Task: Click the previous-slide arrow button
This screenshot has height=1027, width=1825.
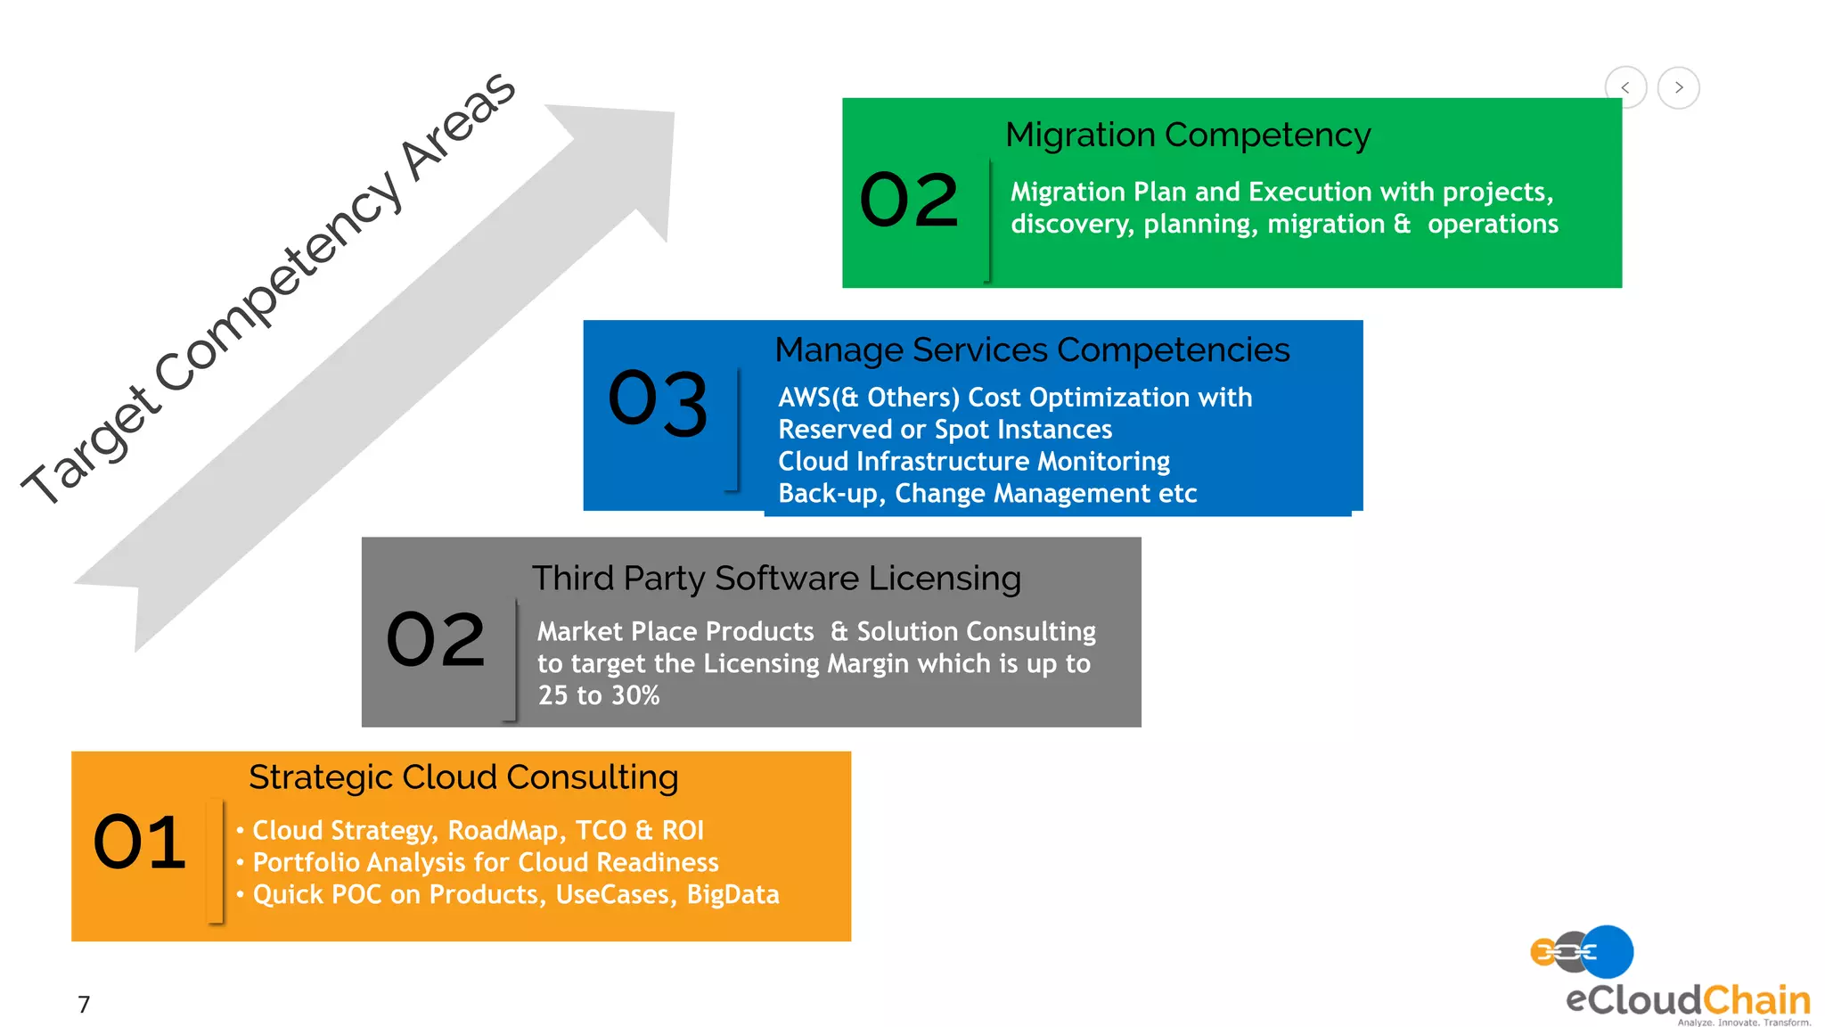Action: [1625, 87]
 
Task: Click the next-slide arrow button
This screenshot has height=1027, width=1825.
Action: [1679, 87]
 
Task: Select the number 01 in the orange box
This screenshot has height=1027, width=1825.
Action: [140, 842]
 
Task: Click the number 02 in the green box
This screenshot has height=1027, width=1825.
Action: [909, 200]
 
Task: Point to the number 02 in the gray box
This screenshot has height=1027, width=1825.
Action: [436, 639]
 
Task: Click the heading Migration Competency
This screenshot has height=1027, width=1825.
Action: [1188, 136]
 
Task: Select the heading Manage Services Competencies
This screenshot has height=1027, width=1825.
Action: [1032, 350]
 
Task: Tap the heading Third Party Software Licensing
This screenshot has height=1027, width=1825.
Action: [776, 579]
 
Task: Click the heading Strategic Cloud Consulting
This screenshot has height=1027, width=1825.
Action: [463, 777]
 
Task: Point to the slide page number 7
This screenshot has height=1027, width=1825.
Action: [84, 1005]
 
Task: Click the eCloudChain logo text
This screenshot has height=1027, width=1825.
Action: [1687, 1000]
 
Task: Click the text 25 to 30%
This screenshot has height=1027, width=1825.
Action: [599, 695]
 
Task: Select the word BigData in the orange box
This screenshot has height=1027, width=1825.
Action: [732, 894]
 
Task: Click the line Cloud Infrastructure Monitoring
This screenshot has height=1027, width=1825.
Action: [974, 462]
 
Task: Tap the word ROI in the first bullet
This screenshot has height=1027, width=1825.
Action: [683, 831]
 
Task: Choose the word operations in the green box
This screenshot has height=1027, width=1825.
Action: [1493, 224]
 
